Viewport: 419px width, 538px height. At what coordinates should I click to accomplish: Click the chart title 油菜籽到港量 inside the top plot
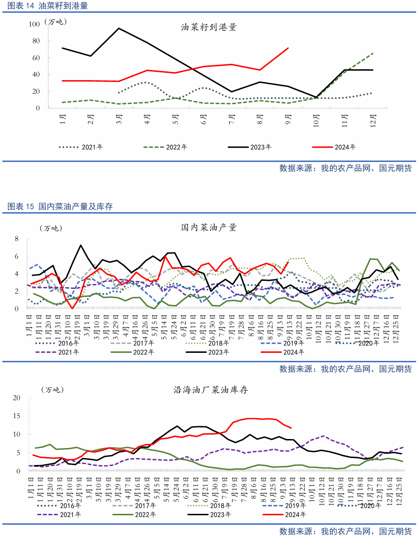[209, 27]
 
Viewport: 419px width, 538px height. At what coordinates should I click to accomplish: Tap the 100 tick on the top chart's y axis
[34, 24]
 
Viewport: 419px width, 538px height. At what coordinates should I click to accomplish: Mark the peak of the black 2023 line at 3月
[118, 28]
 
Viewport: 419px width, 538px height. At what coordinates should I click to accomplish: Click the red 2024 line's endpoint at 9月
[288, 48]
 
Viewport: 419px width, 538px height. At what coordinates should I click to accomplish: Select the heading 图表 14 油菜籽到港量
[47, 6]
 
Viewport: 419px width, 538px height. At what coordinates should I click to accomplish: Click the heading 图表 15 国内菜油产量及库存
[60, 206]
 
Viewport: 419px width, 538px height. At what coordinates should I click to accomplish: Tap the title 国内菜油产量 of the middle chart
[209, 228]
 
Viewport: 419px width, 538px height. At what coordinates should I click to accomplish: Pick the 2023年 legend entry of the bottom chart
[218, 514]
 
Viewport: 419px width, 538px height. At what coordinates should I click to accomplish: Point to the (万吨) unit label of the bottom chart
[52, 390]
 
